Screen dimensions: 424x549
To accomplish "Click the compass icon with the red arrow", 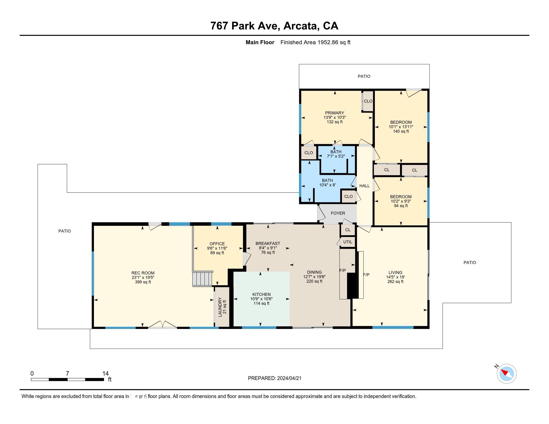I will [506, 374].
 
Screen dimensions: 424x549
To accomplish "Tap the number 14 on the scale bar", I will [105, 374].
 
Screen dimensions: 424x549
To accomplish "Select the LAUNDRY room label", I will [220, 307].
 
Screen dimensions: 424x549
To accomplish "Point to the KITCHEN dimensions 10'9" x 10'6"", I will [261, 299].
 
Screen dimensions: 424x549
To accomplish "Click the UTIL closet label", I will [348, 242].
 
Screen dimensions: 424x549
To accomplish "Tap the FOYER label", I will [338, 213].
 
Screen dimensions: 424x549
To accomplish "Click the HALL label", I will [364, 186].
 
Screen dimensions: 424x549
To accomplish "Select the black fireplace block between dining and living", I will [352, 286].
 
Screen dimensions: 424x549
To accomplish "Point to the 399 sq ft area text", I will [143, 282].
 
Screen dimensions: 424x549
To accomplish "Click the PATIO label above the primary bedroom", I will [364, 76].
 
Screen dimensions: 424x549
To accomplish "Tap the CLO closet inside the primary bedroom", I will [368, 101].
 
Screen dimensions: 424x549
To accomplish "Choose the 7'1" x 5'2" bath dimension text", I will [336, 156].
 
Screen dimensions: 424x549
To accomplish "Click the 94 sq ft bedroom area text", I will [401, 206].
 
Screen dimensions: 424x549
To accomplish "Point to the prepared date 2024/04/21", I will [289, 378].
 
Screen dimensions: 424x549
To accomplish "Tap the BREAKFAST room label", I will [268, 243].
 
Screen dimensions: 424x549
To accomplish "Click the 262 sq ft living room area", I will [395, 282].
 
